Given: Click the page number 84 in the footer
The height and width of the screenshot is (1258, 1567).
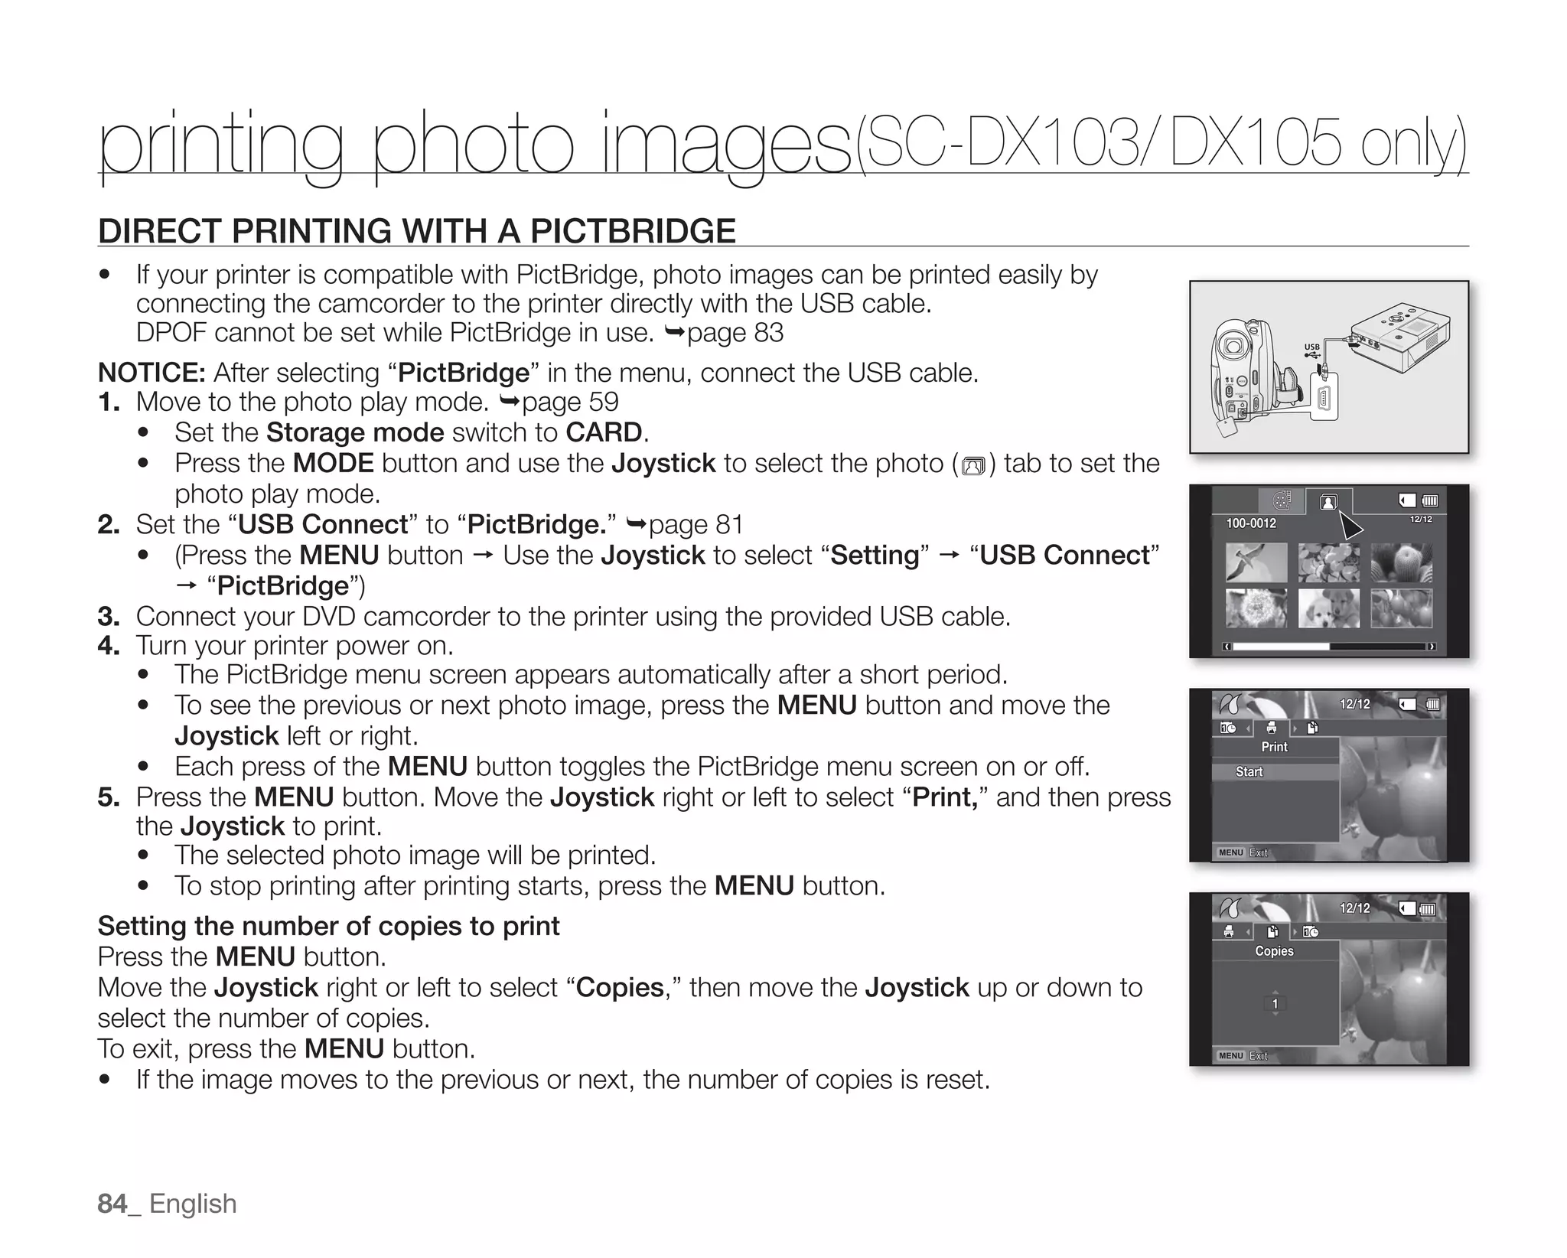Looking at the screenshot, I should (x=112, y=1204).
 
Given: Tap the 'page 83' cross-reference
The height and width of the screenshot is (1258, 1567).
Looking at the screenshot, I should (x=735, y=333).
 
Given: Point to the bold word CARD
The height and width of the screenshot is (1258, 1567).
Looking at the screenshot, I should (x=604, y=432).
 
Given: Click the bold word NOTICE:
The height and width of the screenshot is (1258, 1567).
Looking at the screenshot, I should (x=151, y=373).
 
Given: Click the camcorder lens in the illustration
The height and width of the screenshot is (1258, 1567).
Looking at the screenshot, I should (x=1233, y=345).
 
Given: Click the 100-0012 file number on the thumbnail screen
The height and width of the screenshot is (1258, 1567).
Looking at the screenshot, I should (x=1251, y=523).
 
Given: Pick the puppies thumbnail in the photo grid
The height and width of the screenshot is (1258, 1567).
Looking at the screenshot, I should (x=1329, y=608).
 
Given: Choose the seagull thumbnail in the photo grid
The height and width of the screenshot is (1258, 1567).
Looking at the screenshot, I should (x=1256, y=563).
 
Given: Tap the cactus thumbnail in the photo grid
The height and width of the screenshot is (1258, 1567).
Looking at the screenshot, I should (x=1401, y=563).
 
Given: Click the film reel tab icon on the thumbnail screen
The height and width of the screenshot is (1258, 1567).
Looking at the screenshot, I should (x=1282, y=501).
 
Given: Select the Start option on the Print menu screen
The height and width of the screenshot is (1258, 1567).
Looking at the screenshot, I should (x=1249, y=772).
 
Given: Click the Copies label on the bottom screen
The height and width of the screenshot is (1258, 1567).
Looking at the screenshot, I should (x=1274, y=951).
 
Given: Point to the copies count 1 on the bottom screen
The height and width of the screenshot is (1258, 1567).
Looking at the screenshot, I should (x=1275, y=1004).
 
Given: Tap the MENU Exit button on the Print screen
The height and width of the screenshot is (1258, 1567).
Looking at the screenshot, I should (x=1243, y=852).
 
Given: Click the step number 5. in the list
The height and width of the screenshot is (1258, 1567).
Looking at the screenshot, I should (x=109, y=797).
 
